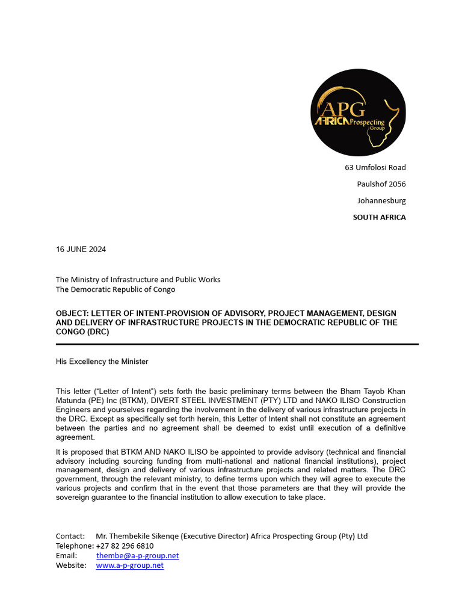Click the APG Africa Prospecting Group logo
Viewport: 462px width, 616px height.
click(358, 112)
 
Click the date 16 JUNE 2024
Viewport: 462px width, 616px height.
click(81, 249)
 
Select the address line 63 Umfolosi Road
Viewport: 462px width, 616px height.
click(375, 167)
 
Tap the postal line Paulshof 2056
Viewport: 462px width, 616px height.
click(381, 184)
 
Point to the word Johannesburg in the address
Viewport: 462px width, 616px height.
click(381, 200)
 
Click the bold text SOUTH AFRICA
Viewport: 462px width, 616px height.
click(379, 217)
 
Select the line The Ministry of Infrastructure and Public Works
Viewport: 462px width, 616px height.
click(138, 279)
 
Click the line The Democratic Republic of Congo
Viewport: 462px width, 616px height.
click(115, 289)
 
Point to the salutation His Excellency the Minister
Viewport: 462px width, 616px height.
click(102, 362)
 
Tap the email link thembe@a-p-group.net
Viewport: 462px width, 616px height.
click(137, 555)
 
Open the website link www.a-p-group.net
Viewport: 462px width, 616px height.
click(129, 565)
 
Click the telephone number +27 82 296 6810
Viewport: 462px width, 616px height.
click(125, 546)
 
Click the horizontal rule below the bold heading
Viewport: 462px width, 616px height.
click(237, 344)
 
